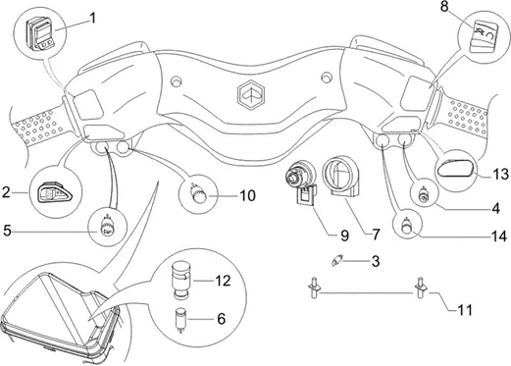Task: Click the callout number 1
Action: point(93,18)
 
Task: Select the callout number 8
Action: point(444,7)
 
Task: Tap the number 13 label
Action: point(501,175)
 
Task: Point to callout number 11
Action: point(465,310)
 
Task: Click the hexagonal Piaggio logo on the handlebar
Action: point(251,95)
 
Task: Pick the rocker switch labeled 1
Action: point(40,34)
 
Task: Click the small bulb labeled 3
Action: point(335,260)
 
